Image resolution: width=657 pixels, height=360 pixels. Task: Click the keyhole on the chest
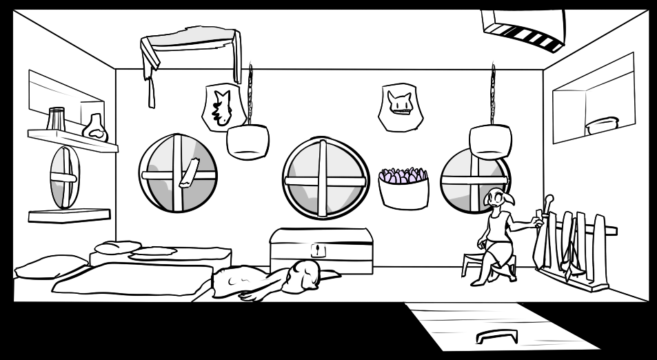pyautogui.click(x=317, y=250)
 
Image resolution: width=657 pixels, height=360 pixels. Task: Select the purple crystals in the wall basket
pyautogui.click(x=403, y=177)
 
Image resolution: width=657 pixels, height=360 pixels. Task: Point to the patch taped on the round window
pyautogui.click(x=188, y=172)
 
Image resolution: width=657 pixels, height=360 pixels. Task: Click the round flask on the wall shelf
pyautogui.click(x=95, y=128)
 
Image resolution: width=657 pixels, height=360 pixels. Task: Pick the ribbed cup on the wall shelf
pyautogui.click(x=57, y=118)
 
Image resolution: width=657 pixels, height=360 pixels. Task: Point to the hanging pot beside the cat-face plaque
pyautogui.click(x=490, y=140)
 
